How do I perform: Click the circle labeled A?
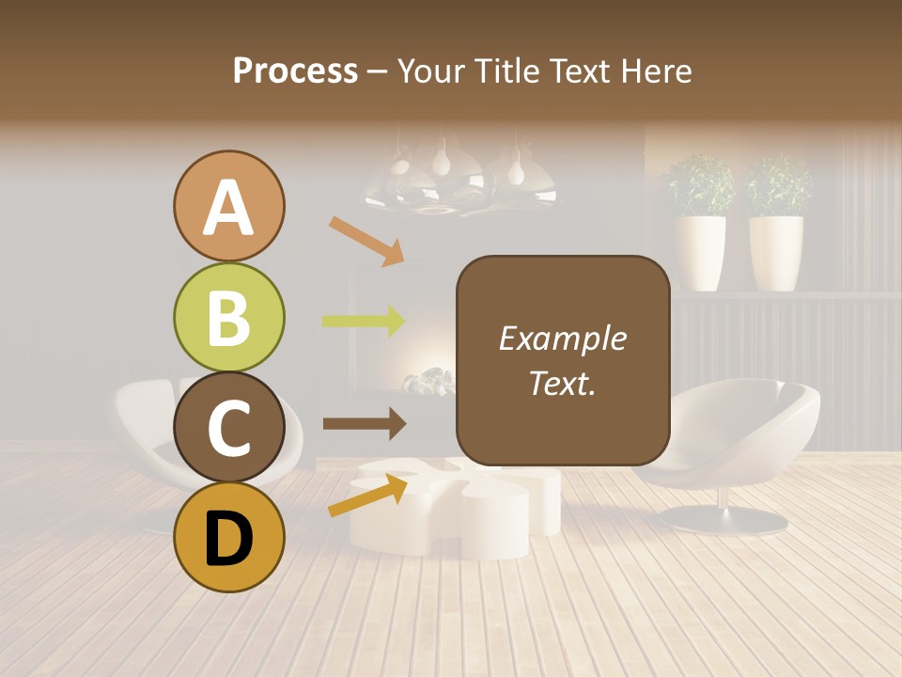(228, 207)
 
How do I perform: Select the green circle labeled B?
(228, 317)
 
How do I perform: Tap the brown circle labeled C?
(228, 427)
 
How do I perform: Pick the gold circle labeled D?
(228, 537)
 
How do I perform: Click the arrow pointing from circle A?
(366, 241)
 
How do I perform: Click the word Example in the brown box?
(562, 338)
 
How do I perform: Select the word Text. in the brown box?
(562, 383)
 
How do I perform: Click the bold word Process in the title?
(295, 71)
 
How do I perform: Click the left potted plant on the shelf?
(700, 226)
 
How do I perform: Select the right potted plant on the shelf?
(777, 226)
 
